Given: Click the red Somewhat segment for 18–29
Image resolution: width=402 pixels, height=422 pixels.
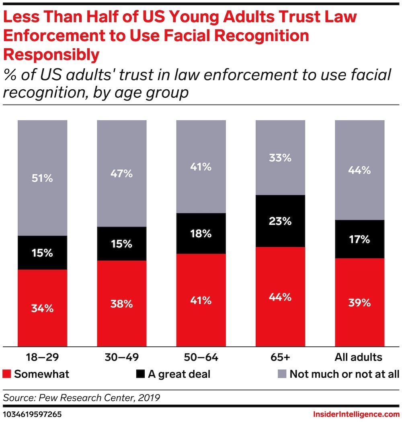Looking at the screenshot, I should [x=42, y=307].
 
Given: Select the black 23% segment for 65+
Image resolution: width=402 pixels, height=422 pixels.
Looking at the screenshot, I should [x=281, y=221].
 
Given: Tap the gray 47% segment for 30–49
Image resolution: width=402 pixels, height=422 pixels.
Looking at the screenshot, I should [x=121, y=173].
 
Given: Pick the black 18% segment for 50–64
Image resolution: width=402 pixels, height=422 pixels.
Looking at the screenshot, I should [x=201, y=233].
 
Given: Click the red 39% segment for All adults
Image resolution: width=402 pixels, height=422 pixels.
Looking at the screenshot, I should [x=360, y=302].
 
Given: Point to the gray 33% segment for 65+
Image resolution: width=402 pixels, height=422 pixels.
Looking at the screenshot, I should [x=281, y=157].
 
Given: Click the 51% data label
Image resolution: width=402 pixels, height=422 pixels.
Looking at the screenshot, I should [x=42, y=178].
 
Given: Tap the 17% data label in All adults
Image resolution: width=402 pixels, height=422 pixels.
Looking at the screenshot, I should [x=360, y=239].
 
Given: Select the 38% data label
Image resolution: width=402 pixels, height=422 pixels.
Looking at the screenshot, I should [x=121, y=304].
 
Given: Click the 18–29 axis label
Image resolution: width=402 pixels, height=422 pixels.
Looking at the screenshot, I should [x=42, y=357].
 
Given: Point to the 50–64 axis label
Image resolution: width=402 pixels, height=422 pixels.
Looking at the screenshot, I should [x=201, y=357].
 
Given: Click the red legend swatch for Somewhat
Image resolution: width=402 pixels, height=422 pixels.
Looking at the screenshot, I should [x=7, y=374].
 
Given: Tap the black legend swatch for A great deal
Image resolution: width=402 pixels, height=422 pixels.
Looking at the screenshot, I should [x=140, y=374].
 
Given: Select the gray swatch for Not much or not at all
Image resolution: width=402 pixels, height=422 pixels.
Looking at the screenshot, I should [x=282, y=374].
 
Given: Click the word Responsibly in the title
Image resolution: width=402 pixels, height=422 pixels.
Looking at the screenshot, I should [x=51, y=54].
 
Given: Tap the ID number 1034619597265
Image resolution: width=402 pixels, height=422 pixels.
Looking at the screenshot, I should [x=33, y=414].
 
